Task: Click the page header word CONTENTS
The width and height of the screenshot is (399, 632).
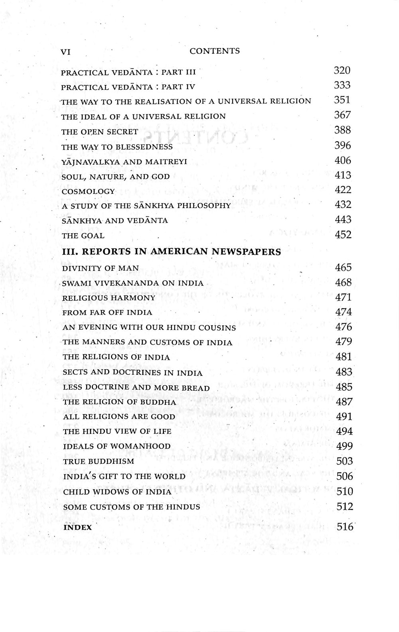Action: click(x=215, y=51)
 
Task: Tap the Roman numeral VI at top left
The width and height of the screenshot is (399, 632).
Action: click(x=65, y=52)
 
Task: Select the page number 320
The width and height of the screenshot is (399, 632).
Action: click(x=342, y=71)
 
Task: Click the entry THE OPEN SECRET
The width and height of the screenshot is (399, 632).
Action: click(x=100, y=132)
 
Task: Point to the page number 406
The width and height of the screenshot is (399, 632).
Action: click(x=343, y=160)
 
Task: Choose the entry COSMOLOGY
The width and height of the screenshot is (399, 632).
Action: click(x=88, y=191)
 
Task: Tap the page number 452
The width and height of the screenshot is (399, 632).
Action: click(x=344, y=234)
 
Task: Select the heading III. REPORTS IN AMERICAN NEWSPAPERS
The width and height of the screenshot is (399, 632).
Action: click(x=172, y=252)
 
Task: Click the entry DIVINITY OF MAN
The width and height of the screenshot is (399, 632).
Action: click(x=101, y=268)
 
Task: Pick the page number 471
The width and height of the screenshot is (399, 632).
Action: click(x=344, y=297)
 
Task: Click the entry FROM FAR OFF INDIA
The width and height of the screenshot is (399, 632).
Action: click(x=107, y=313)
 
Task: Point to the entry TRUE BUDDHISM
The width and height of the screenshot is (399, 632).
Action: click(x=99, y=461)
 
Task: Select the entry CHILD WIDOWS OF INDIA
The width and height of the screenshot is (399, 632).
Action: click(x=117, y=492)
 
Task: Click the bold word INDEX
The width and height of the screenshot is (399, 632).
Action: click(x=78, y=528)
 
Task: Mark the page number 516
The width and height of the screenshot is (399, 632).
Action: click(x=345, y=527)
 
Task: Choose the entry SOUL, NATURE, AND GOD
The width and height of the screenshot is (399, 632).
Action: click(x=116, y=177)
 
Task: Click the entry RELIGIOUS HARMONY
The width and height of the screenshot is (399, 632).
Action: click(x=109, y=298)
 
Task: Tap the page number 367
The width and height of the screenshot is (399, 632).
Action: click(x=342, y=115)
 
